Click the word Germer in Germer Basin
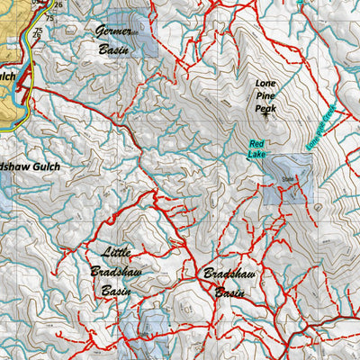coord(114,31)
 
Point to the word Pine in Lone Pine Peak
coord(266,95)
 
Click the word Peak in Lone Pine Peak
coord(266,109)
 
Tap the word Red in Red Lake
coord(256,144)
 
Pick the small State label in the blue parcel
coord(288,179)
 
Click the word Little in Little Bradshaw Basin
coord(117,253)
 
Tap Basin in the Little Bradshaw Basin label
coord(117,291)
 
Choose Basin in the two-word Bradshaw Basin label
coord(229,292)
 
